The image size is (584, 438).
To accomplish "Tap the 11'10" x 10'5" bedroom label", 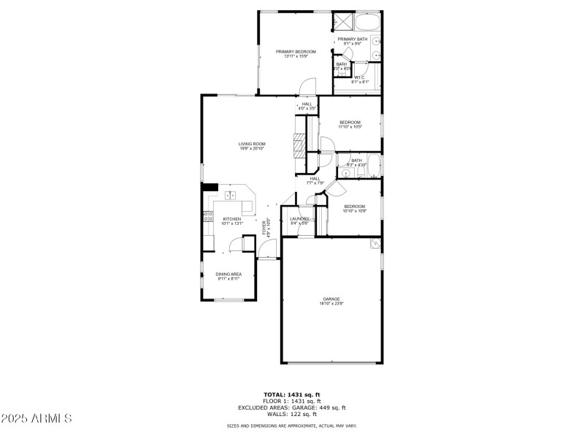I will coord(350,124).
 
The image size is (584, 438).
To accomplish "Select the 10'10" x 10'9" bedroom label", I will coord(355,209).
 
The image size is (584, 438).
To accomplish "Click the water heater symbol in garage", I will coord(376,243).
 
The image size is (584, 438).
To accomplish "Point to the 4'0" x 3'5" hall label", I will coord(307,107).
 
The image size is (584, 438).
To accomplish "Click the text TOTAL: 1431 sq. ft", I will coord(292,395).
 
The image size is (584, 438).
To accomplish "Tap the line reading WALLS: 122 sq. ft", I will coord(292,414).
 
